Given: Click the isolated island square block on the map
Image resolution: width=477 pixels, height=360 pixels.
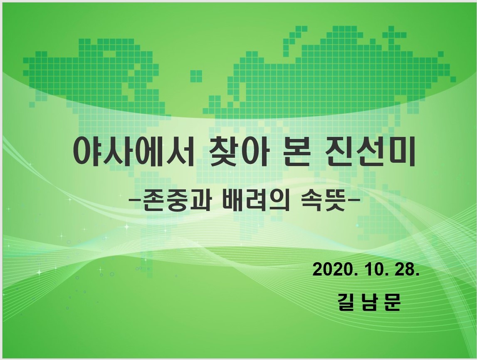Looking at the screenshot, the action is point(196,76).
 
